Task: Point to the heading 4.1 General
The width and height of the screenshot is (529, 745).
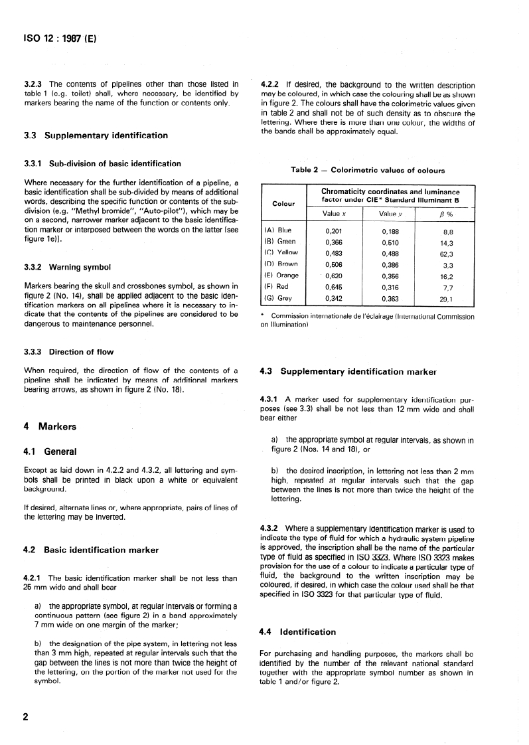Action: [50, 452]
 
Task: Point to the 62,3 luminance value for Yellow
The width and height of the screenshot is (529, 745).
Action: [447, 253]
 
